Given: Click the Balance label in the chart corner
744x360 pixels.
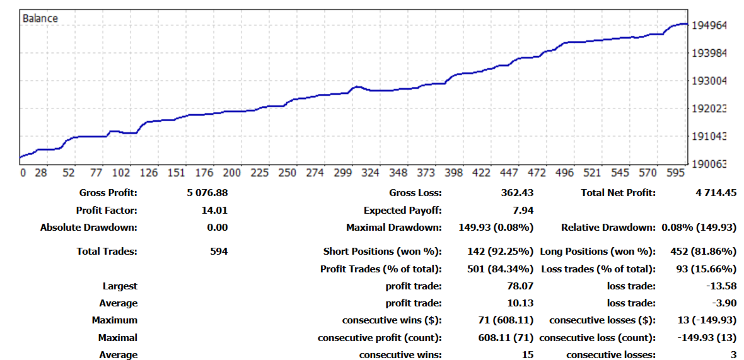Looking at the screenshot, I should pyautogui.click(x=40, y=18).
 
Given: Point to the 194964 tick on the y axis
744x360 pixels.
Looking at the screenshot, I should pyautogui.click(x=709, y=26).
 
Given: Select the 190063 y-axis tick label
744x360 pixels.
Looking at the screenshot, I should pyautogui.click(x=709, y=164).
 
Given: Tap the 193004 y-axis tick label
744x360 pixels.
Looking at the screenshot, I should pyautogui.click(x=709, y=81).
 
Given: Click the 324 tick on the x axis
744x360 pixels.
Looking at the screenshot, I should pyautogui.click(x=371, y=173).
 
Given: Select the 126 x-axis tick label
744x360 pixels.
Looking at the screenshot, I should pyautogui.click(x=149, y=173).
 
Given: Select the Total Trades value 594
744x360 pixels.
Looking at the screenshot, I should pyautogui.click(x=219, y=251).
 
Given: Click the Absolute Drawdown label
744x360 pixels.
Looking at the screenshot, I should pyautogui.click(x=88, y=228).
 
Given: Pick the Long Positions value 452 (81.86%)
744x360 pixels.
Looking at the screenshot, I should pyautogui.click(x=703, y=251).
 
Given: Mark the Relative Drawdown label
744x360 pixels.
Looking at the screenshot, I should pyautogui.click(x=608, y=228).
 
